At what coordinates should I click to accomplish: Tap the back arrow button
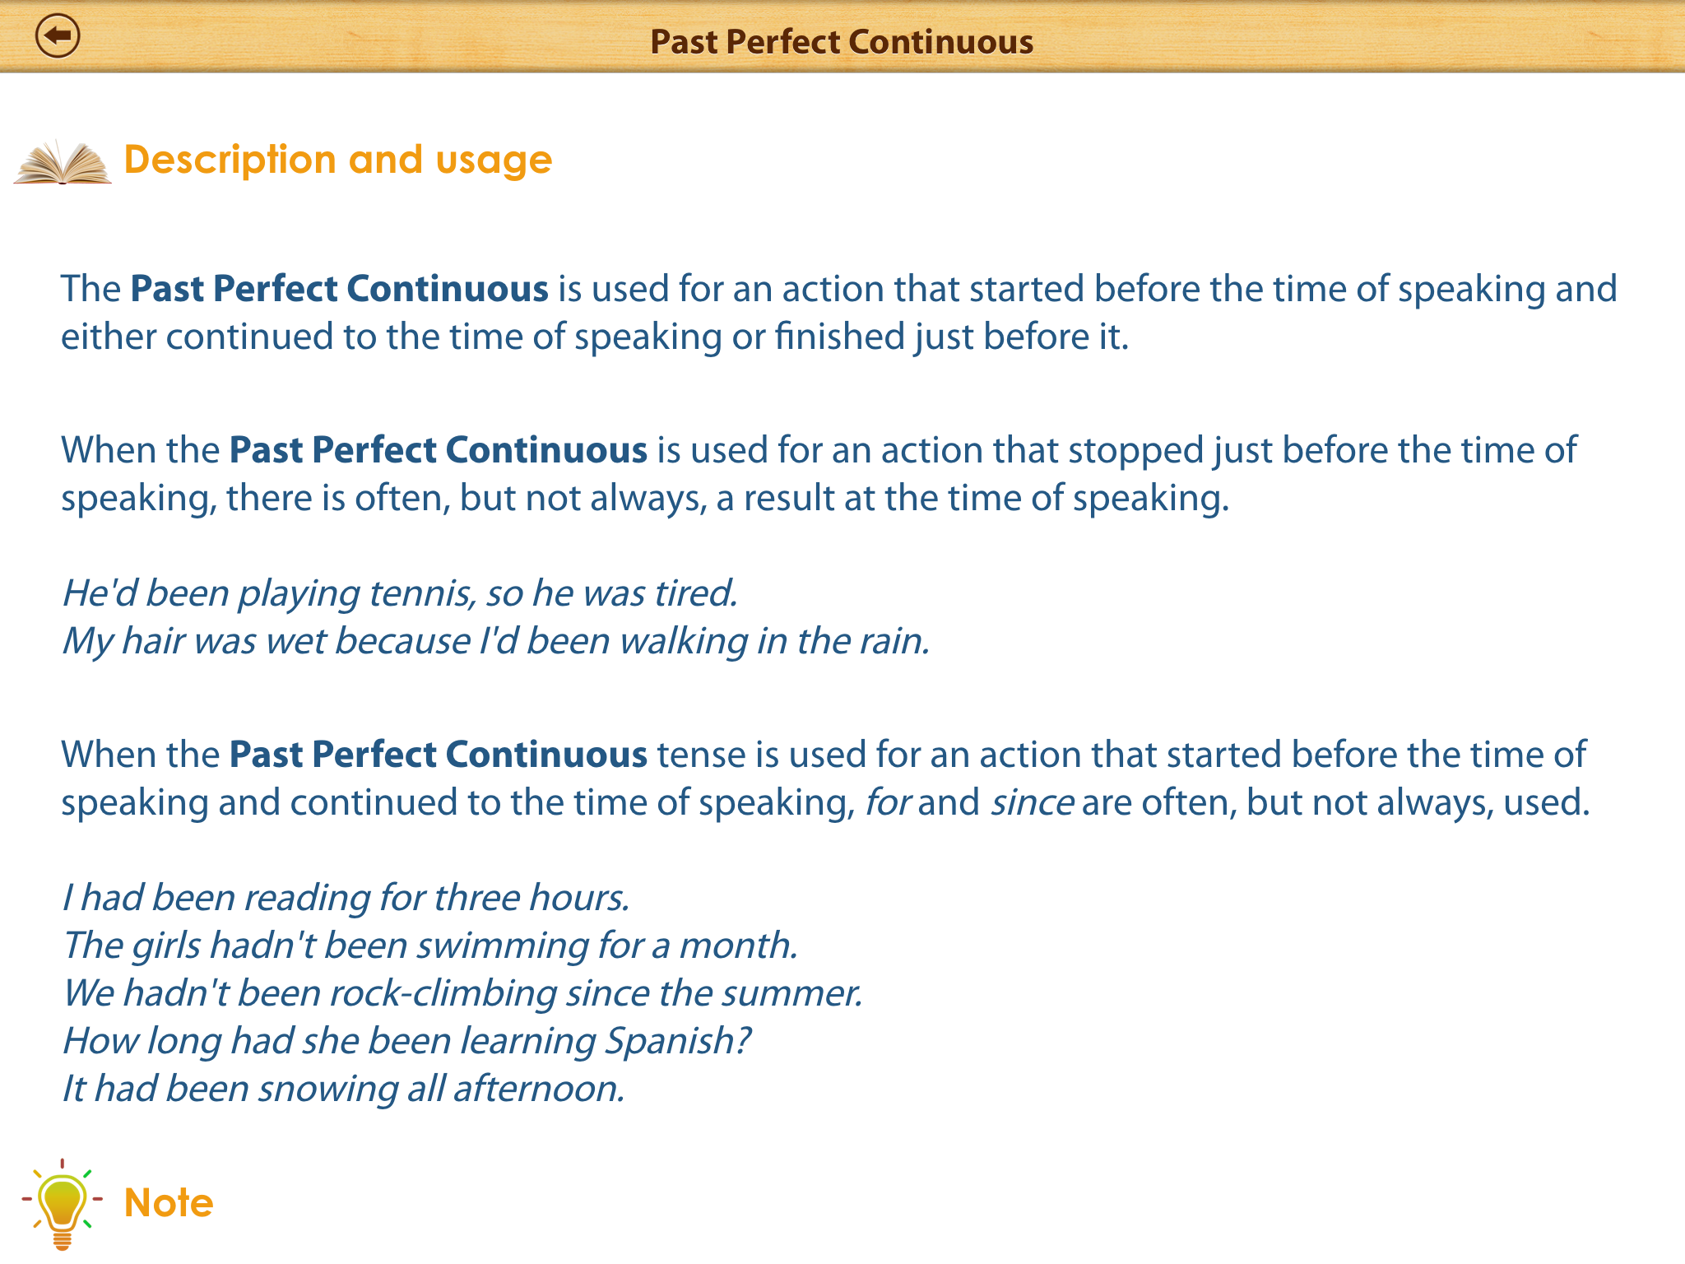click(58, 36)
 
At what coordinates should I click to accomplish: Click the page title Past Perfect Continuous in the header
click(842, 42)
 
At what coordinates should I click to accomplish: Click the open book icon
click(63, 161)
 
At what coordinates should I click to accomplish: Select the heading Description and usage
click(338, 160)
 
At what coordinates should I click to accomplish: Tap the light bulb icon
click(62, 1204)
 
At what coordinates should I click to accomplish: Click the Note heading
click(169, 1203)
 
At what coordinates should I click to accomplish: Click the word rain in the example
click(894, 641)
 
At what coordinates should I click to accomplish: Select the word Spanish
click(677, 1042)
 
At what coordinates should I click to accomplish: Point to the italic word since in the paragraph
click(1032, 802)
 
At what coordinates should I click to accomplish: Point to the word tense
click(701, 755)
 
